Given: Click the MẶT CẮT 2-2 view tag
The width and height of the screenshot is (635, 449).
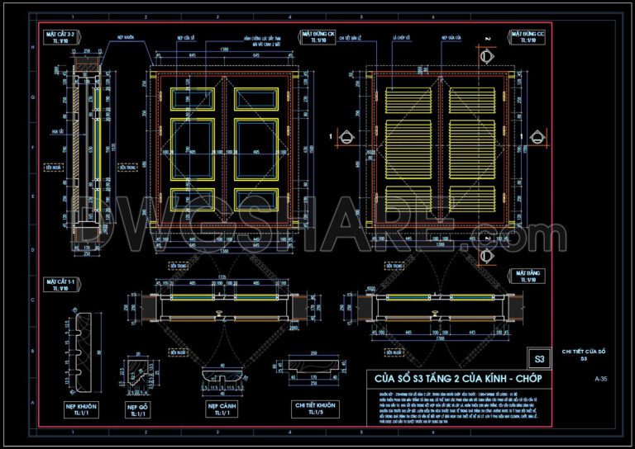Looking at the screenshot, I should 61,37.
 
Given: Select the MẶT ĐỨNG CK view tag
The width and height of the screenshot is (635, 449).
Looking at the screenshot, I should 324,37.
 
